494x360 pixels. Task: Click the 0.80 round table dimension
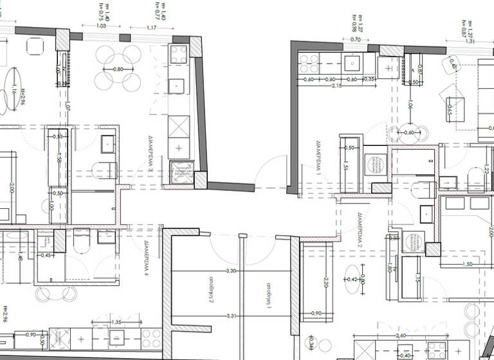pos(118,69)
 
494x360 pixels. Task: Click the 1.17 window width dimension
pos(152,28)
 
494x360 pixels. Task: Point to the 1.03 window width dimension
pos(100,26)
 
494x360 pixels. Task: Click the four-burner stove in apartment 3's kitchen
pos(179,53)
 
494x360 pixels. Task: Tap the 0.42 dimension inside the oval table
pos(352,280)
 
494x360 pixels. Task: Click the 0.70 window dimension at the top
pos(356,40)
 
